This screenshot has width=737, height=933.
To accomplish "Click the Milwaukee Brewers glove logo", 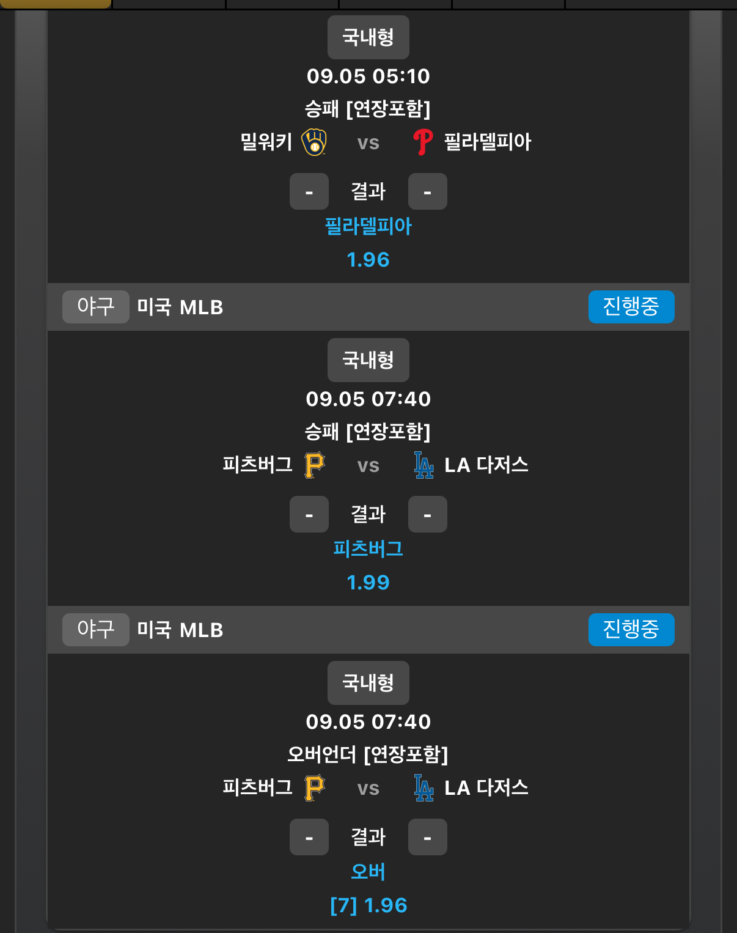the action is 314,142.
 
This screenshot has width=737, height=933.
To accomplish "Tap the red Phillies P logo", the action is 422,142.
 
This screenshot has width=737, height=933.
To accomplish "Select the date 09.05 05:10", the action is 369,76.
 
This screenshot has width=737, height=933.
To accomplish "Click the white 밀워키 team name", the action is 266,142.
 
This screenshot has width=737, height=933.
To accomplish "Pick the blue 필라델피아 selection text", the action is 369,226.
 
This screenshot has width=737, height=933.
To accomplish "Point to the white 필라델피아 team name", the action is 488,142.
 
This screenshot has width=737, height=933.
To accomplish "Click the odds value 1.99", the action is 369,582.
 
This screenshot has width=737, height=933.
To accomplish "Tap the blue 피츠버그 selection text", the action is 369,549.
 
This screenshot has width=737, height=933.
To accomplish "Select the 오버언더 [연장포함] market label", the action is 369,754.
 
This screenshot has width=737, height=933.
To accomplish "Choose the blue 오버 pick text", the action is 369,871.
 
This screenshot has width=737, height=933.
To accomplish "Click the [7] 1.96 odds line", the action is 369,905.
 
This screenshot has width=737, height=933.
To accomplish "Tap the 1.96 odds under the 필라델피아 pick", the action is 369,260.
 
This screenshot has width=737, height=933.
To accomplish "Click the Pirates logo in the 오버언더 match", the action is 315,787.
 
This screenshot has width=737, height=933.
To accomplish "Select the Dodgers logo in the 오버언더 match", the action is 424,787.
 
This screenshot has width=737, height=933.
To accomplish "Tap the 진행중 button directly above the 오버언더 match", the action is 631,630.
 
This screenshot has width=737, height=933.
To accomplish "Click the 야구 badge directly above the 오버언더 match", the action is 96,630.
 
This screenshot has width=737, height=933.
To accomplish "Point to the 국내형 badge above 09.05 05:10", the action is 369,37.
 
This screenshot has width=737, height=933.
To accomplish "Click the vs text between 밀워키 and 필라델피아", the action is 369,142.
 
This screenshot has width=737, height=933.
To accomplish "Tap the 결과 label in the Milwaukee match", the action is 369,191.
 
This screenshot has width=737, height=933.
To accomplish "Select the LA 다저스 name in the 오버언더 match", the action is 486,787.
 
